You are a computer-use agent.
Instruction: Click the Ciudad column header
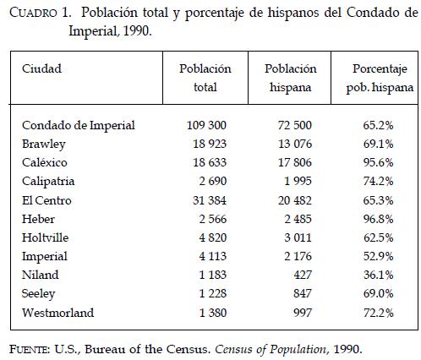click(41, 68)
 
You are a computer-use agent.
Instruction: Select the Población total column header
click(205, 78)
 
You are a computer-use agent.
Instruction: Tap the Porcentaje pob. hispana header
click(380, 78)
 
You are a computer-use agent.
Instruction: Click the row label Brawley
click(44, 145)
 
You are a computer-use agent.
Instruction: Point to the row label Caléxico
click(45, 162)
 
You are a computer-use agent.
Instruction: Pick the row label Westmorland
click(57, 313)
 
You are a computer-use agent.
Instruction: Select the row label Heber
click(38, 219)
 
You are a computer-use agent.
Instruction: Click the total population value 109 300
click(206, 125)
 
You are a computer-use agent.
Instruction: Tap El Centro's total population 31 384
click(210, 200)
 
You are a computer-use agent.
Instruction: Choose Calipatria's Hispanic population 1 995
click(298, 181)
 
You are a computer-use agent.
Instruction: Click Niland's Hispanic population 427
click(303, 275)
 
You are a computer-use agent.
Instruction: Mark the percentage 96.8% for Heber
click(378, 219)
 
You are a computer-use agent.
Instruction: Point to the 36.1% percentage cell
click(378, 275)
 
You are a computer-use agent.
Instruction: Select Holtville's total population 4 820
click(213, 237)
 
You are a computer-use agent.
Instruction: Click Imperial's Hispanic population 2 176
click(298, 256)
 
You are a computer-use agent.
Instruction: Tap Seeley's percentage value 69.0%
click(378, 293)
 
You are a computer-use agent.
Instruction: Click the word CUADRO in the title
click(33, 13)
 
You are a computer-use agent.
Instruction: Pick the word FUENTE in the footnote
click(30, 349)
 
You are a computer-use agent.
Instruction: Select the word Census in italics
click(232, 349)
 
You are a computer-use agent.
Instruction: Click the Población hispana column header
click(290, 78)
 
